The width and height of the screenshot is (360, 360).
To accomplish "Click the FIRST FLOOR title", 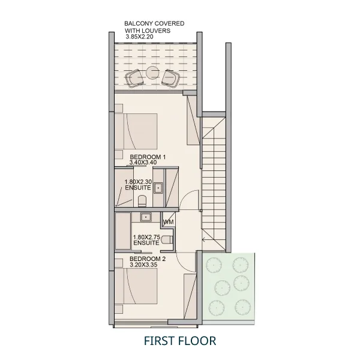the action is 180,341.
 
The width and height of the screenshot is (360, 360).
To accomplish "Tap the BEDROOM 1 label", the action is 148,157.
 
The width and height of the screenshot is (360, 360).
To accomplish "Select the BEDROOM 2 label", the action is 148,259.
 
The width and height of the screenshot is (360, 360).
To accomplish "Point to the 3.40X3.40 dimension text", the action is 143,163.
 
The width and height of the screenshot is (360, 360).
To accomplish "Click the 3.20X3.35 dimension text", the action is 143,265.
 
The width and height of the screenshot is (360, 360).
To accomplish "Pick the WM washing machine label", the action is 169,222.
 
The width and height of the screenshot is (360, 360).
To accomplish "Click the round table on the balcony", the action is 152,73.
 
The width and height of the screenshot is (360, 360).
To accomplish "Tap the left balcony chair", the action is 134,79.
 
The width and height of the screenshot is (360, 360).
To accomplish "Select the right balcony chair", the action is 170,78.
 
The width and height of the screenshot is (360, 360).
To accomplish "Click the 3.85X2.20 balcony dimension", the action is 139,37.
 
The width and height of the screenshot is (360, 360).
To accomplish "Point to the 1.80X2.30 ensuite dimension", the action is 138,182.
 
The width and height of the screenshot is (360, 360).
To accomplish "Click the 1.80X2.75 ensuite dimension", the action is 146,237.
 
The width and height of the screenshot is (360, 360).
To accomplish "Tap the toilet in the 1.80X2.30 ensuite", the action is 142,200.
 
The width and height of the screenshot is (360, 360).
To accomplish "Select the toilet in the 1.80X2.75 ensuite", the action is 167,240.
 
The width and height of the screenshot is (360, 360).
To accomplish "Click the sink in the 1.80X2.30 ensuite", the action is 158,188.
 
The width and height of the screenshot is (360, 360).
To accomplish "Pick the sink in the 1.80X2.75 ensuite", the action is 146,217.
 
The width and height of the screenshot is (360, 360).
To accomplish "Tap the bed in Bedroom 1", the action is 136,131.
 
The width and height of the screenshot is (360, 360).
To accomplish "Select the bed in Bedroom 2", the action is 136,286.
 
